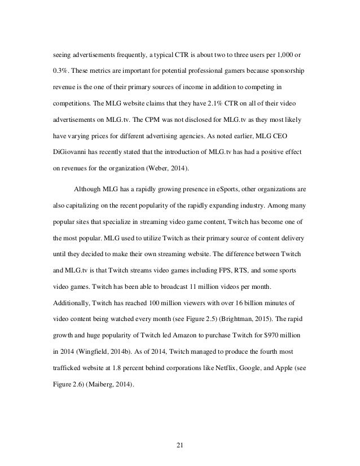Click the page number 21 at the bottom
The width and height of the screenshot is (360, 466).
pos(179,445)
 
